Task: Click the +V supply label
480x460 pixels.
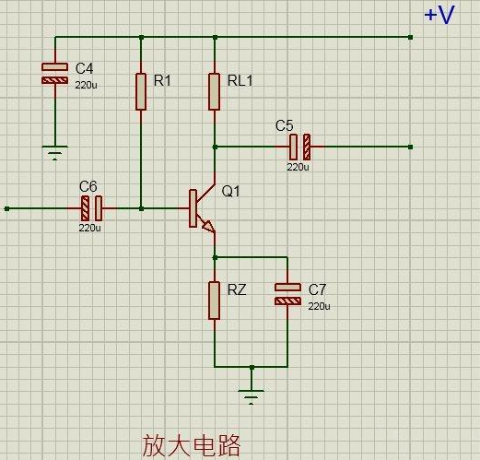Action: click(x=439, y=16)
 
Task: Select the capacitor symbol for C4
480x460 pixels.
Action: click(x=55, y=74)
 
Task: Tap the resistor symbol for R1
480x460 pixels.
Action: click(x=141, y=91)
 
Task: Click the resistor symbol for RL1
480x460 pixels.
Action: click(x=215, y=91)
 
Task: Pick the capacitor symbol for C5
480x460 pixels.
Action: click(x=299, y=147)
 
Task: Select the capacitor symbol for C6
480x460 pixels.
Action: click(x=90, y=208)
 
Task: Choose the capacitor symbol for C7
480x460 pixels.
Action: click(x=288, y=293)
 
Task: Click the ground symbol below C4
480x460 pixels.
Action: click(x=55, y=151)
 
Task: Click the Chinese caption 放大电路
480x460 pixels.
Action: click(x=191, y=446)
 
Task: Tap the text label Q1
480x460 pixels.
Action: click(x=230, y=192)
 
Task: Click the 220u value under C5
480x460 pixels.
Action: click(x=298, y=168)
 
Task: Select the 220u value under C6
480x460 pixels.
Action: click(x=89, y=228)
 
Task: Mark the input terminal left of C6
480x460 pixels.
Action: click(x=7, y=208)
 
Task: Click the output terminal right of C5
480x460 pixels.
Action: click(x=410, y=147)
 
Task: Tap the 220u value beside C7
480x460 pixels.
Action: click(x=319, y=305)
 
